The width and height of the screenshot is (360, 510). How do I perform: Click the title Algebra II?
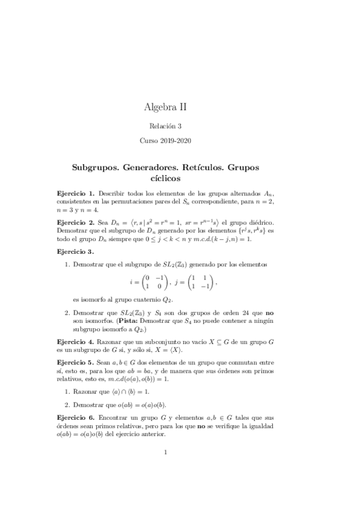(165, 107)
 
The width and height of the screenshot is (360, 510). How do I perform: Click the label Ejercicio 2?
(75, 221)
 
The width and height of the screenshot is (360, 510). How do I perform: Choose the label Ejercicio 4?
(75, 341)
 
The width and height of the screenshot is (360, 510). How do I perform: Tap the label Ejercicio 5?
(75, 363)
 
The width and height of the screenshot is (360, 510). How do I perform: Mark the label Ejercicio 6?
(75, 416)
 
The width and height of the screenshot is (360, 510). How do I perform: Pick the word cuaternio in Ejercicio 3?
(141, 300)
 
